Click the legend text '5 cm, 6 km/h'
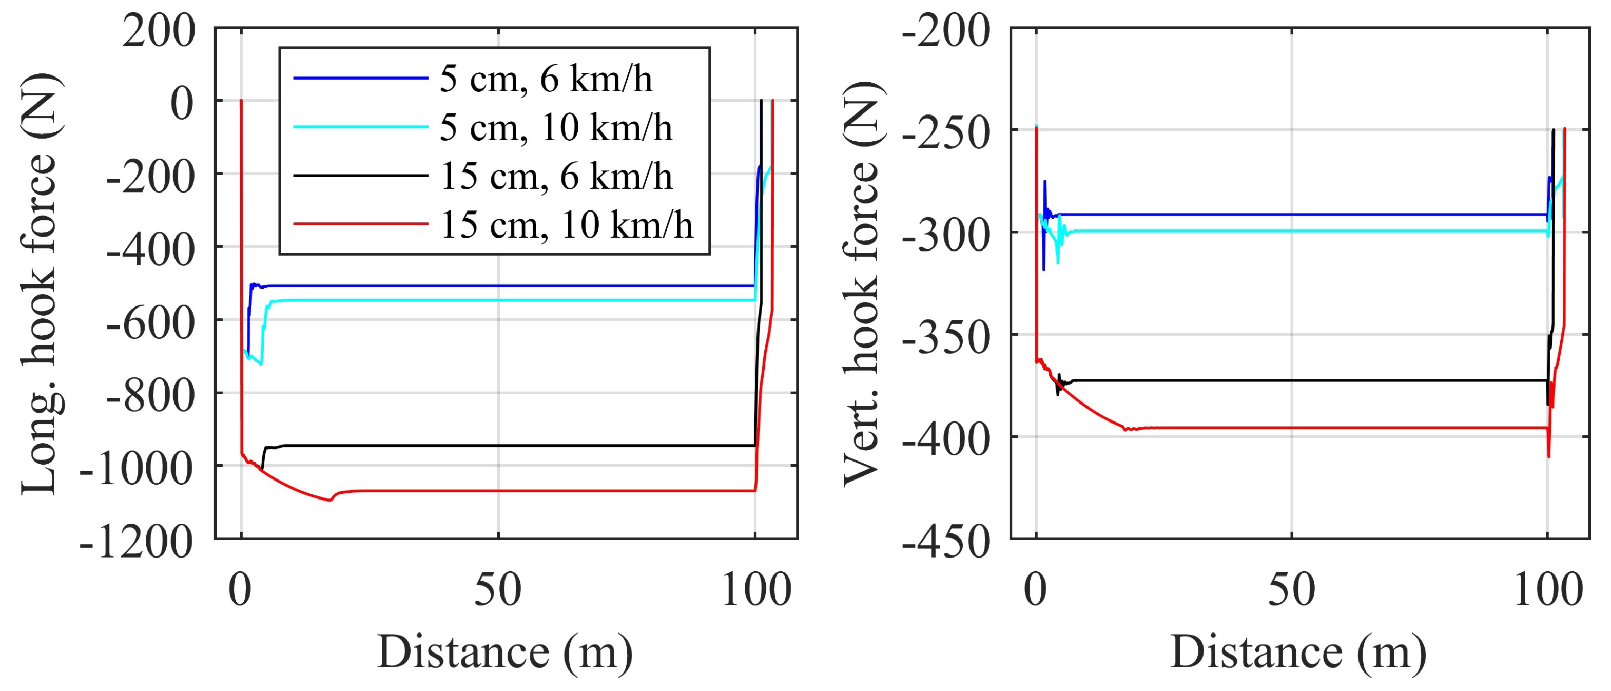click(546, 80)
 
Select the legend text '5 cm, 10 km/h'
click(556, 127)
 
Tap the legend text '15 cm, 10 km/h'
click(566, 224)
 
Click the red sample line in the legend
click(360, 223)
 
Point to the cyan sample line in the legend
click(360, 127)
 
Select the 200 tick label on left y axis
click(158, 31)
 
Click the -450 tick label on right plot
click(945, 542)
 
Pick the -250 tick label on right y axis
click(945, 132)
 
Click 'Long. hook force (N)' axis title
click(40, 284)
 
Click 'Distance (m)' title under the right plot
click(1298, 652)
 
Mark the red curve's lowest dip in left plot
click(329, 500)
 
